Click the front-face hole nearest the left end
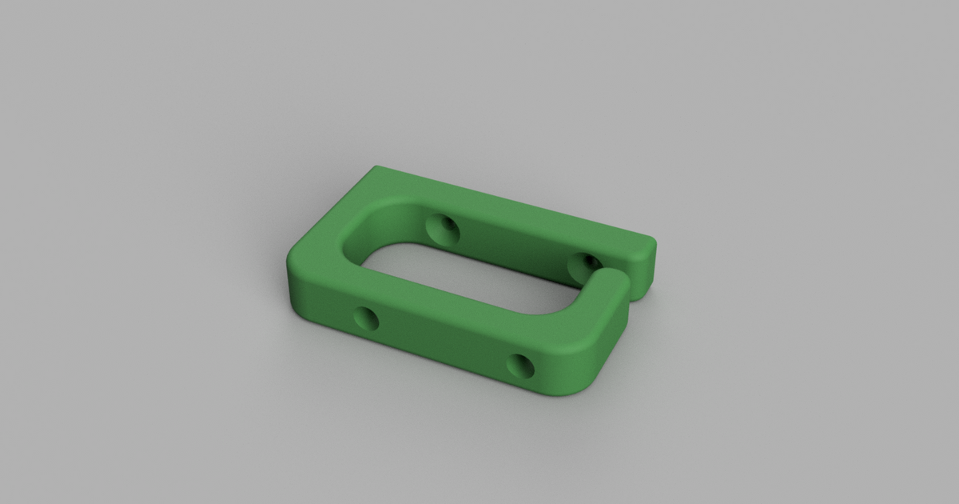coord(367,320)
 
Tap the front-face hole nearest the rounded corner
coord(521,366)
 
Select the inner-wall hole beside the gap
coord(586,264)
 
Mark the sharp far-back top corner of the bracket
coord(376,167)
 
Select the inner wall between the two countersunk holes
coord(511,244)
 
